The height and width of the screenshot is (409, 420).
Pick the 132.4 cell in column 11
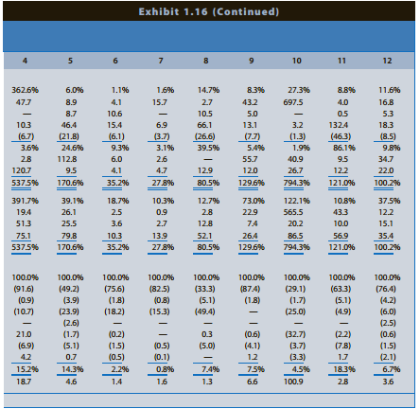[x=341, y=124]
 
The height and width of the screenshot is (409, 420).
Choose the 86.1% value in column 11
[x=341, y=148]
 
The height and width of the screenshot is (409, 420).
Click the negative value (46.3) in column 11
[x=341, y=136]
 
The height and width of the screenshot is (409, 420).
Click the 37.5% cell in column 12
[x=385, y=202]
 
